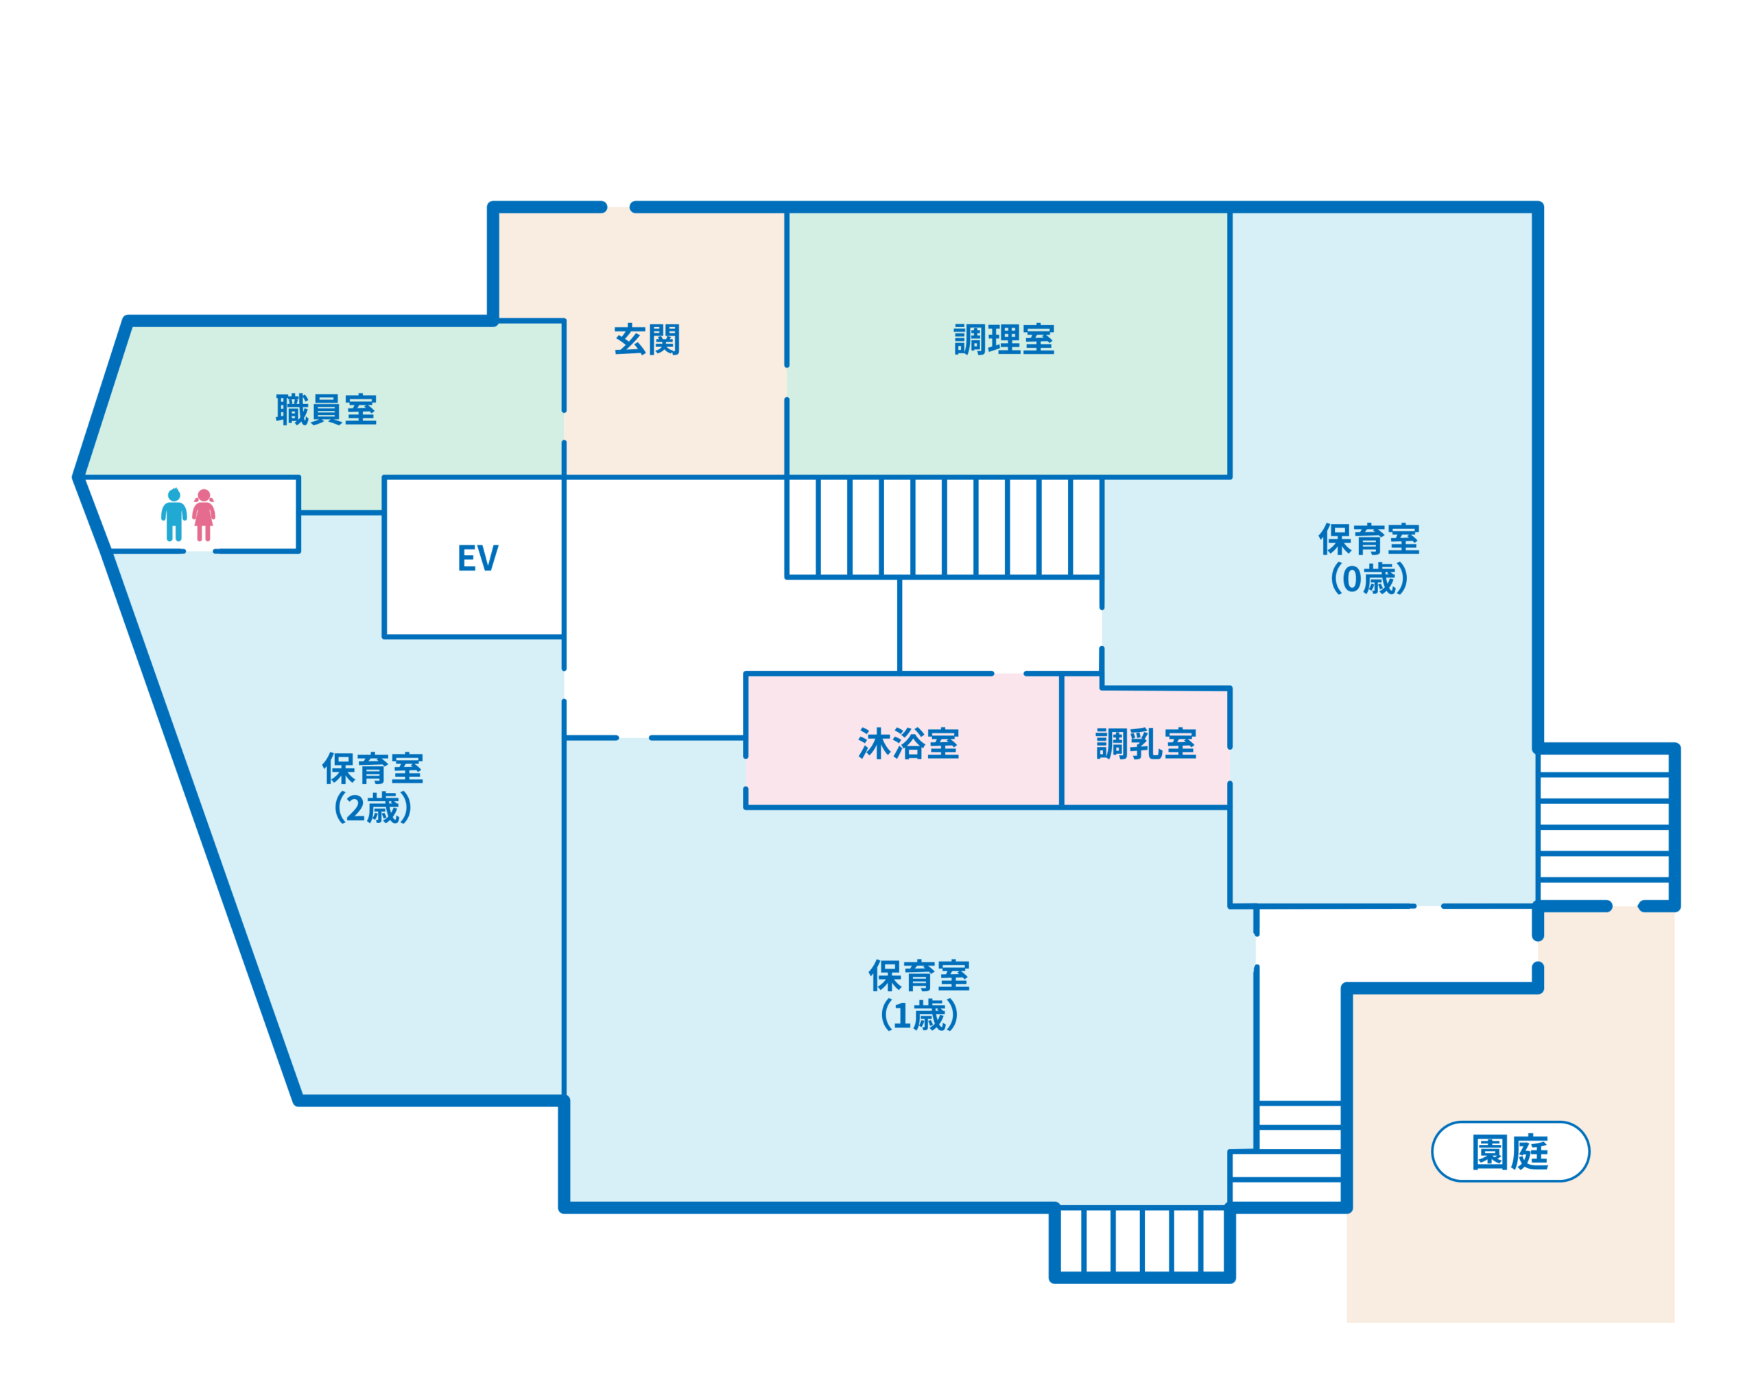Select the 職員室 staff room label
pyautogui.click(x=327, y=410)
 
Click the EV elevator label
pyautogui.click(x=477, y=558)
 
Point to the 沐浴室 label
pyautogui.click(x=909, y=744)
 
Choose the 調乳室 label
pyautogui.click(x=1146, y=744)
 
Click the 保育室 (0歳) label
pyautogui.click(x=1368, y=558)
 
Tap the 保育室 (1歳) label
pyautogui.click(x=919, y=995)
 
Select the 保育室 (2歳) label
pyautogui.click(x=373, y=788)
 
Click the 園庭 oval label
pyautogui.click(x=1510, y=1151)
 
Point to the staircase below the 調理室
pyautogui.click(x=943, y=527)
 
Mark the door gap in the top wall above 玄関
pyautogui.click(x=619, y=207)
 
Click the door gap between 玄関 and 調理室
pyautogui.click(x=787, y=382)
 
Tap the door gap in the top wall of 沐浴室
pyautogui.click(x=1009, y=674)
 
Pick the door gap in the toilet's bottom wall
pyautogui.click(x=200, y=551)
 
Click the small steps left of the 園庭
pyautogui.click(x=1286, y=1153)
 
